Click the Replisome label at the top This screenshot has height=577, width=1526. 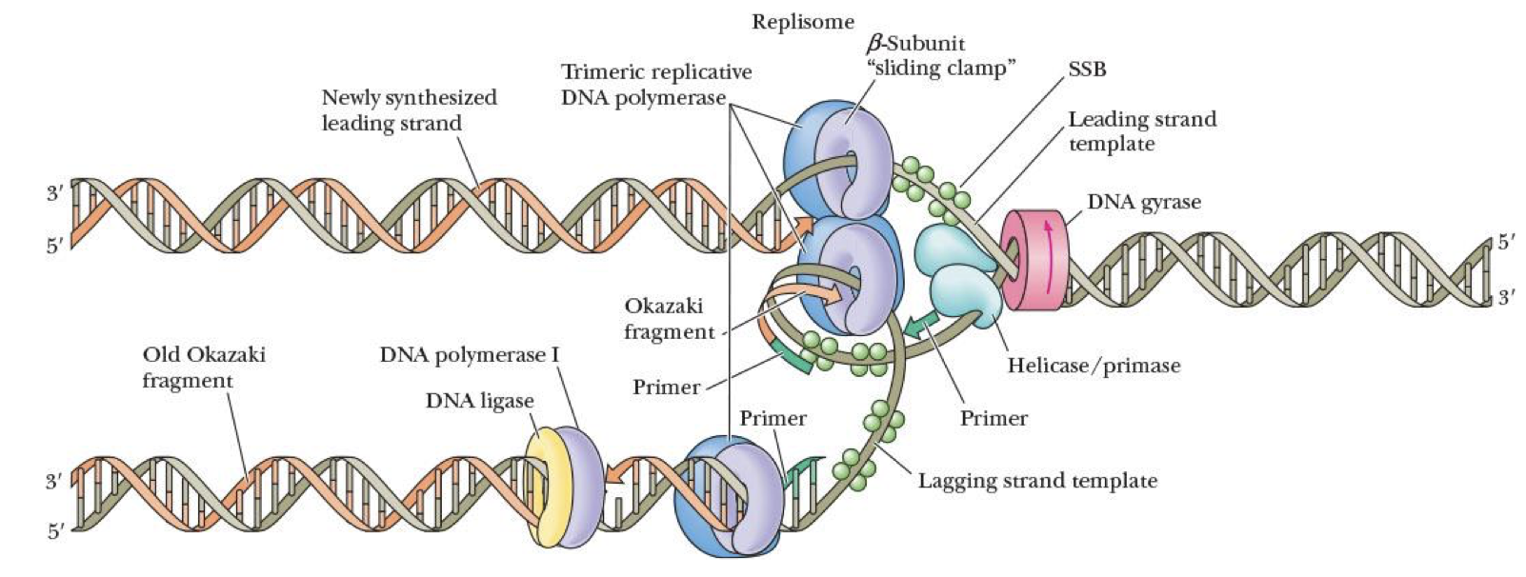tap(802, 21)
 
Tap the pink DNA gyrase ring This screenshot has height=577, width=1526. tap(1034, 260)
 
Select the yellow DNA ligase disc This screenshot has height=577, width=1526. tap(545, 486)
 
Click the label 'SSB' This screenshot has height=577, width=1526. tap(1087, 69)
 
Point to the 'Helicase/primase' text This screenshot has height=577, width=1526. tap(1094, 366)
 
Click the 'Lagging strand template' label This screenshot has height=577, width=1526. tap(1037, 481)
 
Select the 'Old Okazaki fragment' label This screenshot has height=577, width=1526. tap(203, 368)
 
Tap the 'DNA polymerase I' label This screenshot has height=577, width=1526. tap(470, 355)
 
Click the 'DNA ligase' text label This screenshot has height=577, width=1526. tap(479, 401)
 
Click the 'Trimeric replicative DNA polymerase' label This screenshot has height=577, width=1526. tap(655, 85)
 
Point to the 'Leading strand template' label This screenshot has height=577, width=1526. tap(1141, 131)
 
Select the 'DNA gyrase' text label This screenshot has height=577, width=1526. tap(1143, 202)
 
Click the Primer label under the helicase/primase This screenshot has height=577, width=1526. tap(994, 418)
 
